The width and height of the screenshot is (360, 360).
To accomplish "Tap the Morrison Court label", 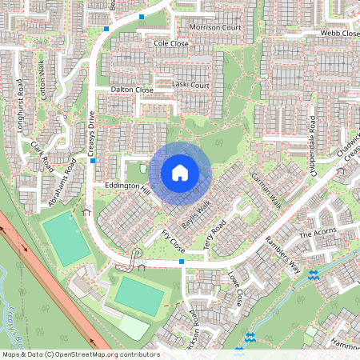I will (215, 28).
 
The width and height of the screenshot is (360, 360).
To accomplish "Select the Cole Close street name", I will (170, 43).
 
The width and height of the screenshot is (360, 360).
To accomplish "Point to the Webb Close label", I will (340, 34).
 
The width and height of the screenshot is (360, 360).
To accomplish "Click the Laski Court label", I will (190, 85).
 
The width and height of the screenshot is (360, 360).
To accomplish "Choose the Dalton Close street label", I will (132, 90).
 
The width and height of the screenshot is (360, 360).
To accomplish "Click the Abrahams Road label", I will (63, 182).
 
